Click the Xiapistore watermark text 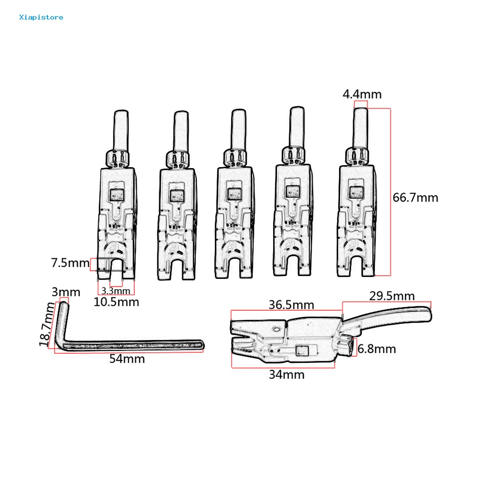pos(41,18)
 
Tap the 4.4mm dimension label pos(362,94)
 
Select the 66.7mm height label pos(415,197)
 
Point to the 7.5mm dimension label pos(71,263)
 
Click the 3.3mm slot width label pos(116,291)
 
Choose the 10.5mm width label pos(116,302)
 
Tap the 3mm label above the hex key pos(65,292)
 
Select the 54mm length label pos(127,359)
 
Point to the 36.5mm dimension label pos(291,305)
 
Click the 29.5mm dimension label pos(392,296)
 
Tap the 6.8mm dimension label pos(376,349)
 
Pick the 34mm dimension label pos(286,375)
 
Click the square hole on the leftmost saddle pos(118,195)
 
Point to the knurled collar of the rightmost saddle pos(357,156)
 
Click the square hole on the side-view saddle pos(302,350)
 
